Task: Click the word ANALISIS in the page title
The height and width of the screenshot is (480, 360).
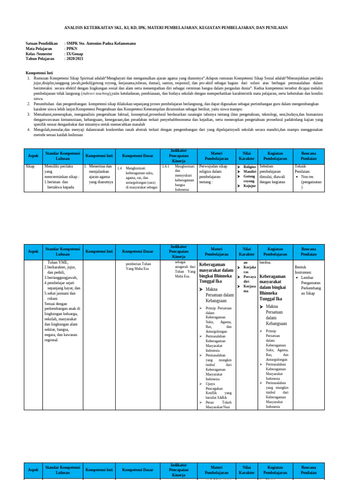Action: (73, 28)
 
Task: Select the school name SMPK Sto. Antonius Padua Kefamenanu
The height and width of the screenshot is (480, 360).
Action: (101, 44)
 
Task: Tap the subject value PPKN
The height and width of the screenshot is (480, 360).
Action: (73, 49)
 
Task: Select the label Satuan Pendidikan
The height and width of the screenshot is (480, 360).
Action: (41, 44)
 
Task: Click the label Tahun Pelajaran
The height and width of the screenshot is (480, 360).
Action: (40, 59)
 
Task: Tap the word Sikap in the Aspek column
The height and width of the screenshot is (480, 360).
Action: (30, 166)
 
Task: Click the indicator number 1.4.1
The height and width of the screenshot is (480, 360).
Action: (165, 166)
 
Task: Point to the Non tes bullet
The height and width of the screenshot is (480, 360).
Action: (308, 177)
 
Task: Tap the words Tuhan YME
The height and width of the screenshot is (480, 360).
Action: (58, 262)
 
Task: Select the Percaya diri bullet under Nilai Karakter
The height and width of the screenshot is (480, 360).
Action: (249, 279)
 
